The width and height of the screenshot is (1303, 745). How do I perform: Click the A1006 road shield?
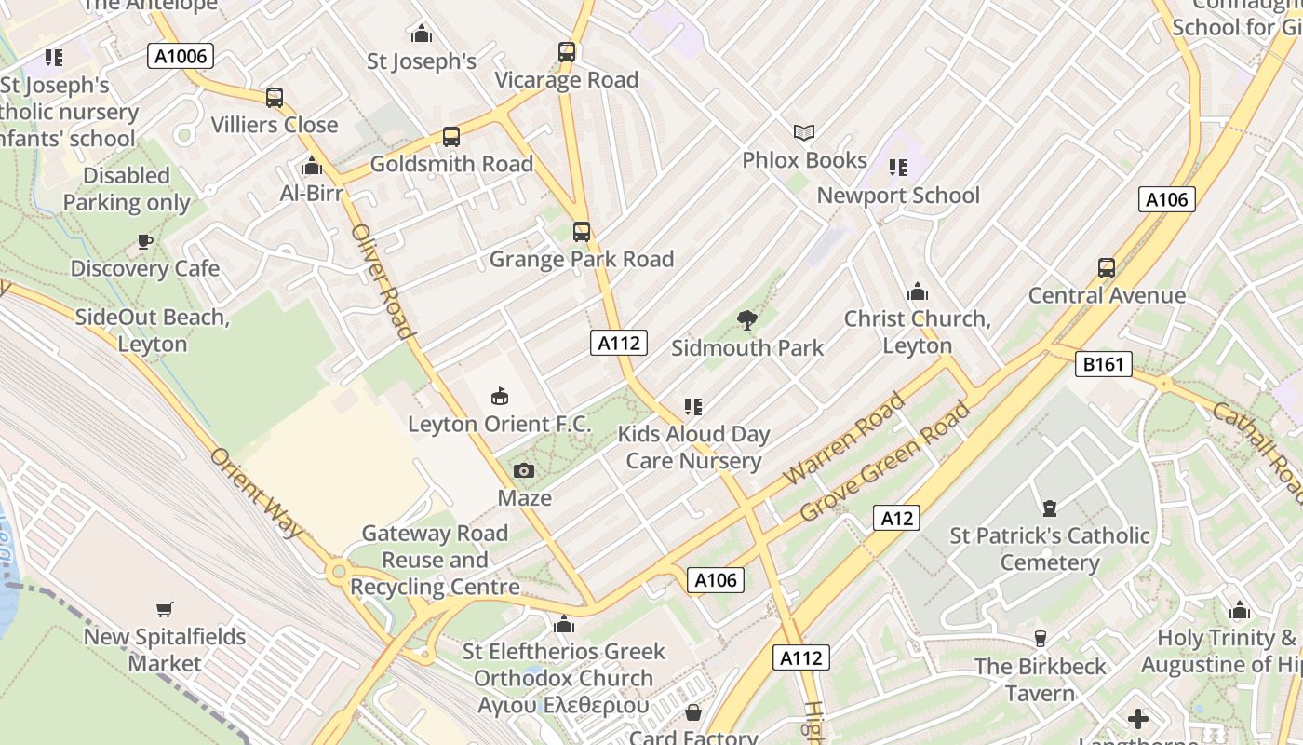181,56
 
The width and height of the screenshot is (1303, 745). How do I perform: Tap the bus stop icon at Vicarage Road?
567,52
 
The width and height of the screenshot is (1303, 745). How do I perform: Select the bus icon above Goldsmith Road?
451,137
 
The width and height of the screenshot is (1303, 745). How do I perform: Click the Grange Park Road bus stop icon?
582,232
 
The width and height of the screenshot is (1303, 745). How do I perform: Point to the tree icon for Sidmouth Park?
746,321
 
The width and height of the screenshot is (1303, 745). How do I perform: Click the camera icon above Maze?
524,471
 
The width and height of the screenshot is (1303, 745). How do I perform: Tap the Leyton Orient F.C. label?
500,425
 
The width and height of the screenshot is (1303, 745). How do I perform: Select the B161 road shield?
1103,364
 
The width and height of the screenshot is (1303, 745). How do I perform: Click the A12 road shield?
896,518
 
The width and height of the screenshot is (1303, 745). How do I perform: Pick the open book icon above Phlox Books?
804,133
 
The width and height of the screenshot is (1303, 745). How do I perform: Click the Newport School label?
898,196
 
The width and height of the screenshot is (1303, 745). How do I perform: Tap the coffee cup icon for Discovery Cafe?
145,242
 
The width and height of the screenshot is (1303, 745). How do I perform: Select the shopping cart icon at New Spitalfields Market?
165,610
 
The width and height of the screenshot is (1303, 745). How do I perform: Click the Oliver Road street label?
382,280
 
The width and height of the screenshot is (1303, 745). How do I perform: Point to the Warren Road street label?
844,439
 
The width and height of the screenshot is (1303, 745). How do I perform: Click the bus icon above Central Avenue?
1106,269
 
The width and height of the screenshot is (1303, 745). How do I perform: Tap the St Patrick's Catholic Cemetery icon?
1050,508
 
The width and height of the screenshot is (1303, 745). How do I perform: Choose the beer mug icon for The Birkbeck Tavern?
1041,639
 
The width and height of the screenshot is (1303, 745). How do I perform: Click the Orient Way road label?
257,493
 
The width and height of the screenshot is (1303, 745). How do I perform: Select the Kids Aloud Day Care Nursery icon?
692,407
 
